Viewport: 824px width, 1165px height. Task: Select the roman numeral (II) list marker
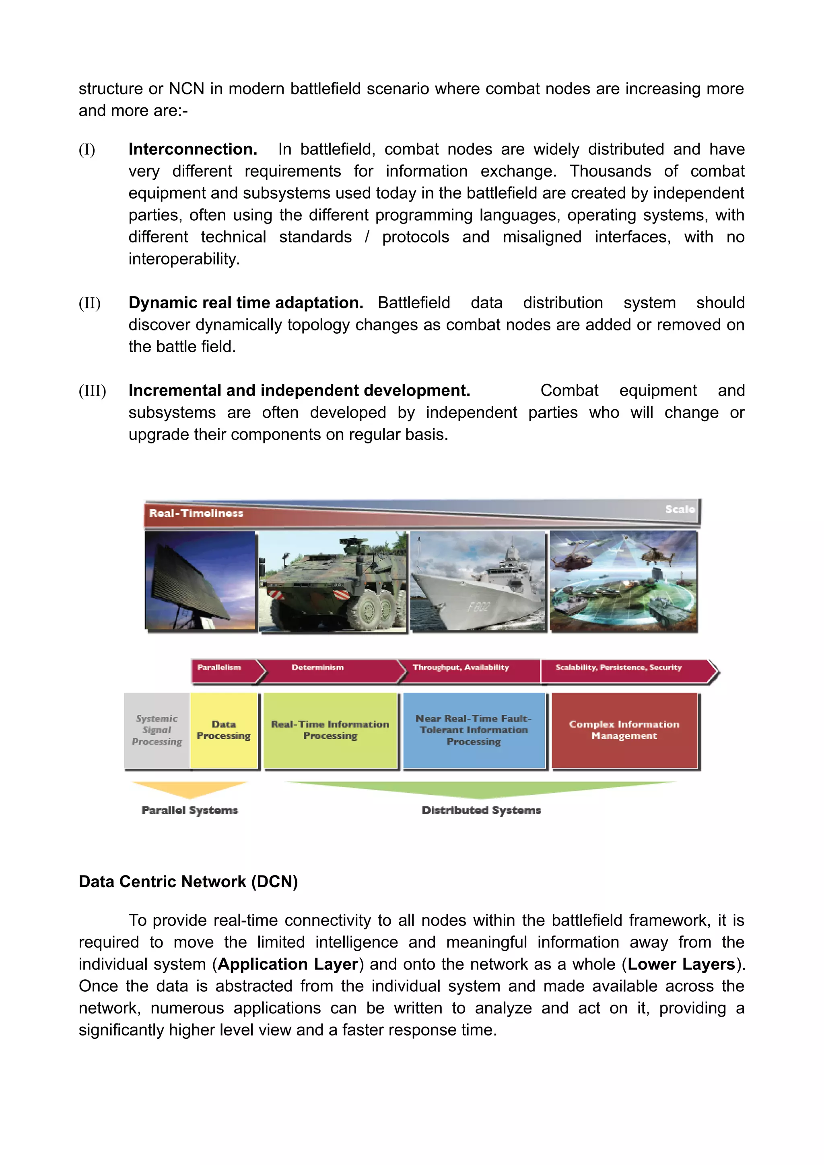tap(89, 303)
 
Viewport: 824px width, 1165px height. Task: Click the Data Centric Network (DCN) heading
tap(188, 881)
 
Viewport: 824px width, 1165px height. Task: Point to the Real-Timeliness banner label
tap(196, 513)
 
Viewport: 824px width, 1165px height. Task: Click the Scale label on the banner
tap(679, 509)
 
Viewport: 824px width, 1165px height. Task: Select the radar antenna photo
tap(200, 580)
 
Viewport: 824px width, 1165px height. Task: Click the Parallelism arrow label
tap(219, 667)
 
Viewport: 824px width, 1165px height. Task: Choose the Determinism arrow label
tap(317, 667)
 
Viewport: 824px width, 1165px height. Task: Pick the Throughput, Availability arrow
tap(461, 667)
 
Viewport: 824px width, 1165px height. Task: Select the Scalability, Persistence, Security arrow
tap(618, 667)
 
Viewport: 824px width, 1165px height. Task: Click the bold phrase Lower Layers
tap(681, 964)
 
